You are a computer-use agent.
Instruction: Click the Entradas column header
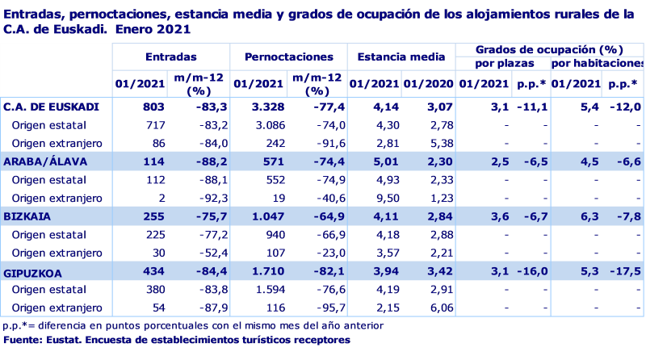tap(171, 57)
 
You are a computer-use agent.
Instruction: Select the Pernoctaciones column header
tap(288, 57)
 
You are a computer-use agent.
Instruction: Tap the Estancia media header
tap(401, 57)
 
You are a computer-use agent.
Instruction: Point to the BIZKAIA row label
tap(24, 216)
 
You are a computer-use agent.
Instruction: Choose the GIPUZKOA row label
tap(31, 272)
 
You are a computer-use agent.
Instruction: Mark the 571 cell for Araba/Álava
tap(274, 161)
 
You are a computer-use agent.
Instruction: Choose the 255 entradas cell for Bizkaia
tap(153, 216)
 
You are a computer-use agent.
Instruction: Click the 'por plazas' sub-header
tap(501, 63)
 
